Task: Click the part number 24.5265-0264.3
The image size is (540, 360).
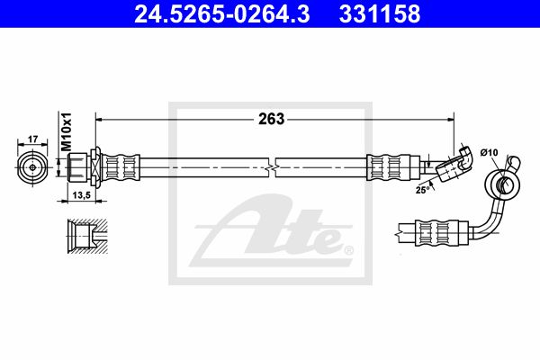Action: (221, 13)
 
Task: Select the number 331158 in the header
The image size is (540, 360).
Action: (380, 13)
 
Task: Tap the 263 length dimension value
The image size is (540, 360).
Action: (272, 119)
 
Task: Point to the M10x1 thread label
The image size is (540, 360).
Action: (66, 131)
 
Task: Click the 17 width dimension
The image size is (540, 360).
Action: (32, 139)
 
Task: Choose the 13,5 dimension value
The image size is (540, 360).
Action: (81, 195)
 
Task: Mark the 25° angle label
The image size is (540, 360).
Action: (423, 190)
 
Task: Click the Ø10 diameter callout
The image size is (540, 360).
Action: (490, 152)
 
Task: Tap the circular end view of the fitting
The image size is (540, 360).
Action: (32, 167)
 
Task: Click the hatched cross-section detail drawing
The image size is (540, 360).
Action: (87, 237)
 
